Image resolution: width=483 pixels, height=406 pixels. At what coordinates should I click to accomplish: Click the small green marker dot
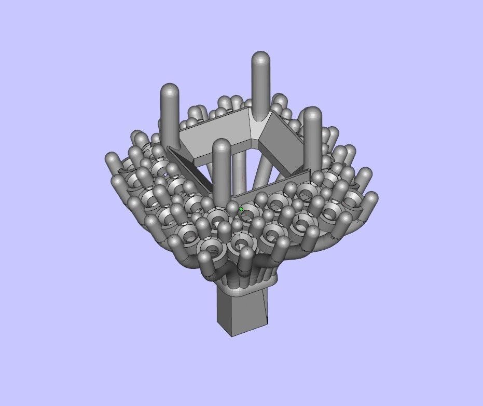[x=241, y=209]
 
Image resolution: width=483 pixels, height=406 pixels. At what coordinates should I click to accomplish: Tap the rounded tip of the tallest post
[x=260, y=58]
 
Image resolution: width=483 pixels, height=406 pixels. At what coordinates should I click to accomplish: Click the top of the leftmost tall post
[x=169, y=91]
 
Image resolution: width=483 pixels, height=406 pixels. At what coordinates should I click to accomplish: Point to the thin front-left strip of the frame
[x=189, y=169]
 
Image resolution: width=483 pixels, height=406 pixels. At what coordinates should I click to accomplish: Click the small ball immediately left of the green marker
[x=232, y=208]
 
